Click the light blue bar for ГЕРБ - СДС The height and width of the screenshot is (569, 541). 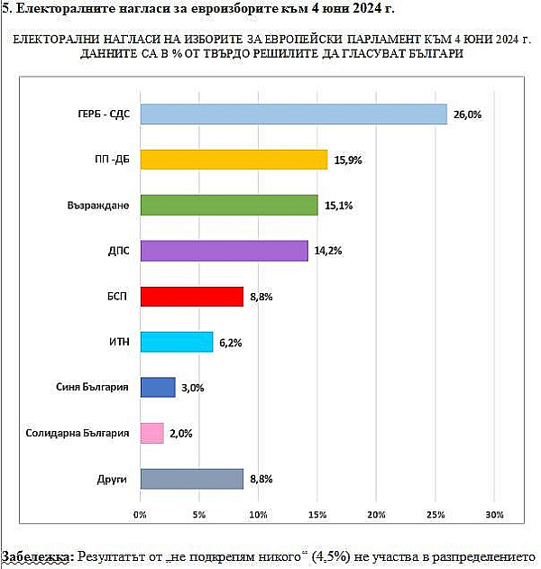coord(294,114)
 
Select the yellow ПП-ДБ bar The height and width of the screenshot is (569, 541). coord(234,160)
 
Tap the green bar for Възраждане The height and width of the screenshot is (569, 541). coord(229,205)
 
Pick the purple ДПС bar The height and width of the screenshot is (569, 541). coord(225,251)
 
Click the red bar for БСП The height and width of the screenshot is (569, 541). coord(192,296)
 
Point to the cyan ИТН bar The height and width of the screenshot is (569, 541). coord(177,342)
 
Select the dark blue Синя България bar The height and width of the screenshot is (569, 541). coord(158,387)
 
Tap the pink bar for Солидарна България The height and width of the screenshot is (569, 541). coord(151,433)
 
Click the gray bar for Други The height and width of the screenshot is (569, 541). coord(192,478)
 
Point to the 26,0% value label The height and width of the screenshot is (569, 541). coord(468,115)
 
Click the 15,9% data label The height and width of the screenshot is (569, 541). coord(347,161)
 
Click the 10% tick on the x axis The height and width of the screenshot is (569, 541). coord(258,515)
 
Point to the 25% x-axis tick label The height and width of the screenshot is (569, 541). coord(436,515)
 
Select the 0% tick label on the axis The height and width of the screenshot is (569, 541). coord(140,515)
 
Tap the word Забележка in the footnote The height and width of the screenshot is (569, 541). coord(38,556)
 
